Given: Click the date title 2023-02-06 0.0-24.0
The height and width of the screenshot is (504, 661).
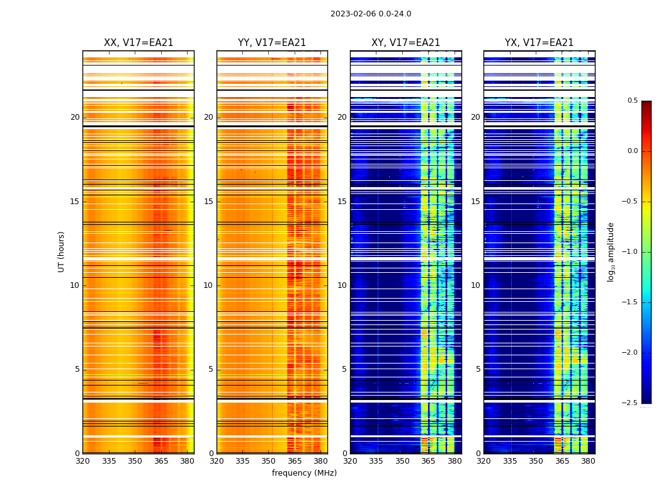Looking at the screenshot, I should click(371, 14).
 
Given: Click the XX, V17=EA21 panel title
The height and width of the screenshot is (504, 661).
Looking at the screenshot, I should click(138, 43).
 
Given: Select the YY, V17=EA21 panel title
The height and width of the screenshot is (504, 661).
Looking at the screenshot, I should click(272, 43).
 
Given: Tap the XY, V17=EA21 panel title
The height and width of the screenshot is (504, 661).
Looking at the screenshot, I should click(406, 43).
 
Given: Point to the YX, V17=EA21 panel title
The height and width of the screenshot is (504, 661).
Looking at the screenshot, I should click(540, 43).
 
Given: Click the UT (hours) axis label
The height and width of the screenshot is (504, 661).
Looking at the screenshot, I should click(61, 251).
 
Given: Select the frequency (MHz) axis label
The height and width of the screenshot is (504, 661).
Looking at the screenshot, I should click(304, 473).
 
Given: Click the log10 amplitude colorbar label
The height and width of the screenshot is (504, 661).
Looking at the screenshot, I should click(611, 251).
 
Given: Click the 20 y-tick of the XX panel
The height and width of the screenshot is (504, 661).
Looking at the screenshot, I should click(75, 117).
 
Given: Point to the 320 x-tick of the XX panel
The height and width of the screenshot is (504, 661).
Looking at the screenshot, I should click(82, 461).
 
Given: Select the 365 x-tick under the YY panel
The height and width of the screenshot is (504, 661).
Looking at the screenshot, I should click(295, 461).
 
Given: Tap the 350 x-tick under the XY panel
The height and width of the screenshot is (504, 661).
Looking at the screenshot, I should click(402, 461).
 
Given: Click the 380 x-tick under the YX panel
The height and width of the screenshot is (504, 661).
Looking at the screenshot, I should click(588, 461).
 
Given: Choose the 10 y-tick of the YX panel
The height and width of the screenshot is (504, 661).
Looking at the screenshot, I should click(476, 285).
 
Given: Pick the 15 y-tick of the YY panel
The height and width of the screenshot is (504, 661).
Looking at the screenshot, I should click(208, 202).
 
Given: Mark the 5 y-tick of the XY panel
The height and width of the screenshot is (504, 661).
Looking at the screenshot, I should click(345, 369).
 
